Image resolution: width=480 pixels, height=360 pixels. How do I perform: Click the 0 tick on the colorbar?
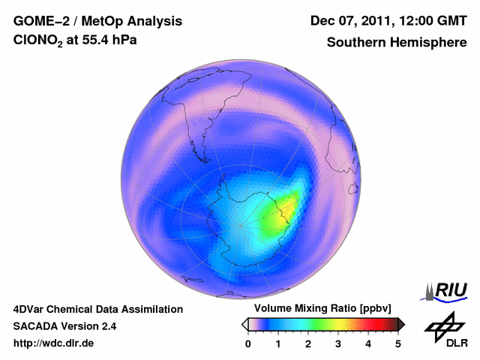248,343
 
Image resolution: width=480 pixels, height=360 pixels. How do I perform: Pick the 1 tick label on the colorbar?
278,343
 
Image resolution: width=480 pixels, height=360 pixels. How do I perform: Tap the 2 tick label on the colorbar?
308,343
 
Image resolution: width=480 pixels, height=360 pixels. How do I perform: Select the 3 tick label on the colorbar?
338,343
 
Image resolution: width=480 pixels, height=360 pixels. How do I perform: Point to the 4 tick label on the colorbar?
368,343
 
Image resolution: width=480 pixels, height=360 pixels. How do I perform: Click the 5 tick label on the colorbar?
398,343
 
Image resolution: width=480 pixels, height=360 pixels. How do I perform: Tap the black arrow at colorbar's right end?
401,324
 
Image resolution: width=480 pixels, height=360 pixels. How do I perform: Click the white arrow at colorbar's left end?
244,324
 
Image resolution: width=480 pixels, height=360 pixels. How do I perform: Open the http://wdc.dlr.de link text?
54,343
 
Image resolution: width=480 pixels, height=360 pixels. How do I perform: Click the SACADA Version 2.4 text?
65,326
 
